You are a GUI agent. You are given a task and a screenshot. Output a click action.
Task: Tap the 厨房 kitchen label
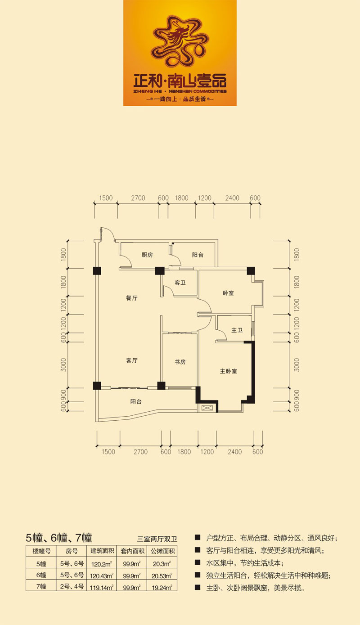click(x=147, y=255)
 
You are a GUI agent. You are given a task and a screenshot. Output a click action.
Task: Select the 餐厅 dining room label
click(x=132, y=298)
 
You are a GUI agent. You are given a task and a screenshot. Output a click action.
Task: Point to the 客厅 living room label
click(x=132, y=360)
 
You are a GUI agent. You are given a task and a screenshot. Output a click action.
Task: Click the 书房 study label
click(x=180, y=362)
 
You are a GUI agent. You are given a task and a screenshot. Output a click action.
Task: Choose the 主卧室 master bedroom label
click(x=229, y=371)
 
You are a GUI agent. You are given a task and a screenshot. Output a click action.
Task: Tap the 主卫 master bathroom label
click(x=237, y=330)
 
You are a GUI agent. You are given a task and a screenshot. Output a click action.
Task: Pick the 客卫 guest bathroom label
click(x=180, y=283)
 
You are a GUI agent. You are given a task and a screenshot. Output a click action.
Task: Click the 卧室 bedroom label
click(x=228, y=293)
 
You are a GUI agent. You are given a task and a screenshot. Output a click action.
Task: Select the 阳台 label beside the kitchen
click(x=198, y=255)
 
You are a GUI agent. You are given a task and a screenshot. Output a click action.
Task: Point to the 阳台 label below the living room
click(x=136, y=401)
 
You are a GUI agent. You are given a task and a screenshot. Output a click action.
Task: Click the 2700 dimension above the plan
click(x=138, y=198)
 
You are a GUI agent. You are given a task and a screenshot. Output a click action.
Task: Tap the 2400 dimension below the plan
click(x=235, y=452)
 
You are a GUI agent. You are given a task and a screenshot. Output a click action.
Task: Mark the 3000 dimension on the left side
click(x=64, y=364)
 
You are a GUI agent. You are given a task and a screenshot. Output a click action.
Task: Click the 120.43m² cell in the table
click(x=102, y=576)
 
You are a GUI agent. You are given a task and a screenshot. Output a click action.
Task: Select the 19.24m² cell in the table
click(x=162, y=588)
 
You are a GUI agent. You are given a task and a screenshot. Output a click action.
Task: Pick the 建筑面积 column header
click(x=102, y=551)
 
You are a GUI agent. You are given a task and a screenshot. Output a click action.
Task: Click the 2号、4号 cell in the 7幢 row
click(x=72, y=586)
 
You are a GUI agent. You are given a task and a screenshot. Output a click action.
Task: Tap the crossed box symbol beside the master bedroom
click(x=207, y=408)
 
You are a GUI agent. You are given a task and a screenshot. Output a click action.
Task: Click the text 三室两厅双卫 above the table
click(x=157, y=539)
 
